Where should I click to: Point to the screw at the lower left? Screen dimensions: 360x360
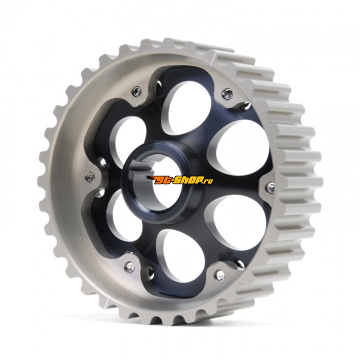(130, 266)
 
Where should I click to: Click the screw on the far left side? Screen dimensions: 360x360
(91, 176)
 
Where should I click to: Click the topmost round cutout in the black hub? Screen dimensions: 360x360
(187, 111)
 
